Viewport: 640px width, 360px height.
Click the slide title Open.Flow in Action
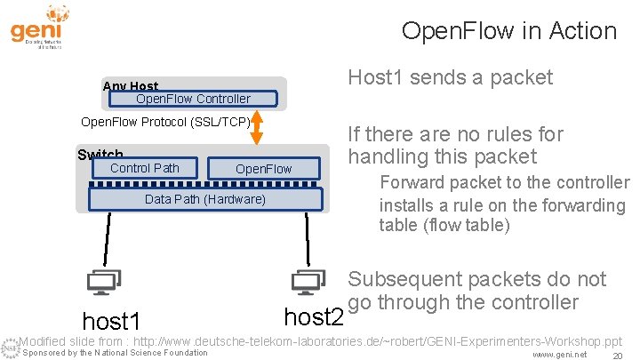click(x=508, y=31)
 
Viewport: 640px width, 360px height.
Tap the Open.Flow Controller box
click(x=193, y=99)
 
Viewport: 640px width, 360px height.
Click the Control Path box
click(x=145, y=168)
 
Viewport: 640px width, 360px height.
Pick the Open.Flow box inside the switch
click(x=263, y=169)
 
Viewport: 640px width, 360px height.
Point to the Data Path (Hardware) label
click(x=204, y=199)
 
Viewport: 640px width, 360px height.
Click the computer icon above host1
click(x=104, y=282)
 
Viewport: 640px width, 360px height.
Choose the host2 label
click(x=314, y=316)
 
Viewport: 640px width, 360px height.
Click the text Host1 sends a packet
click(x=450, y=78)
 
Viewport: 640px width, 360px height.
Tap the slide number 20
click(x=616, y=355)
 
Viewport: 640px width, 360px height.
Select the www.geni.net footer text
click(x=560, y=354)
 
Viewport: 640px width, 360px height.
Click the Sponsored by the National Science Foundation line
click(x=114, y=353)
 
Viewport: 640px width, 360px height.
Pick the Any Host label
click(x=130, y=86)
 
